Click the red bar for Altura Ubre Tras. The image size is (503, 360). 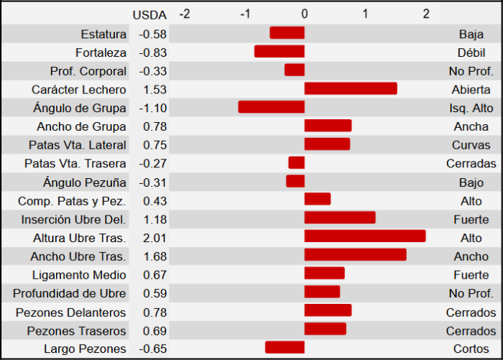point(365,236)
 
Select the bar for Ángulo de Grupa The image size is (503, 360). point(272,107)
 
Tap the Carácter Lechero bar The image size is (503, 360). point(351,88)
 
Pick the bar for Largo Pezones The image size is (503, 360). point(285,348)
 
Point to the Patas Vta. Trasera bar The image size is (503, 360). point(297,162)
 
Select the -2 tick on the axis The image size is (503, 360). point(184,14)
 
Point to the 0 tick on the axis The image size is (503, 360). point(305,14)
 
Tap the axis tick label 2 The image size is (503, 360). point(425,14)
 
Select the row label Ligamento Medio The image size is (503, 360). point(80,275)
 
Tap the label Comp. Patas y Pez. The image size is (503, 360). point(73,200)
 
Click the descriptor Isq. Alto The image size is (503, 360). point(471,108)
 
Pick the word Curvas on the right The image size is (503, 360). point(471,145)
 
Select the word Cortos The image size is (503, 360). point(471,349)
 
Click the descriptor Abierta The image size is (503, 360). point(471,89)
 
